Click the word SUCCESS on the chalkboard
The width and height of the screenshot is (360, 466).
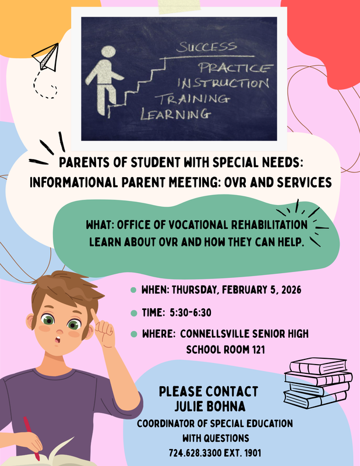click(207, 46)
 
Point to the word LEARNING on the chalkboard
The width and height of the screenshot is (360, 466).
click(175, 114)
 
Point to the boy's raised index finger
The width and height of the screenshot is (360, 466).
click(94, 317)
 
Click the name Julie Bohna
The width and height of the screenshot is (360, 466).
click(209, 404)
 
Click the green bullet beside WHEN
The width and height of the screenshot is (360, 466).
click(133, 290)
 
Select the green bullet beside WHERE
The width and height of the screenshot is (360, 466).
click(133, 334)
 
